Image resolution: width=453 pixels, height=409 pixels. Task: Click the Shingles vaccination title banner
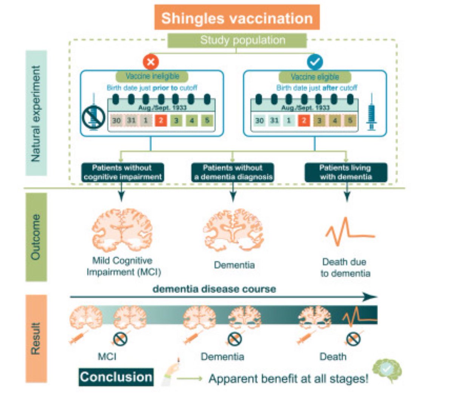pyautogui.click(x=237, y=18)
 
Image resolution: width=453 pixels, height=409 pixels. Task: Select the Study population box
pyautogui.click(x=237, y=40)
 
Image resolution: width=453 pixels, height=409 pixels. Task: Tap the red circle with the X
pyautogui.click(x=151, y=62)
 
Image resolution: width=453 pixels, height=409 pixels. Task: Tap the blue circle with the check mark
pyautogui.click(x=314, y=62)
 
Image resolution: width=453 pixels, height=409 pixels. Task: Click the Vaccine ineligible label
pyautogui.click(x=152, y=76)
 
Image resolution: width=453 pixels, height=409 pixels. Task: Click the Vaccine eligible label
pyautogui.click(x=315, y=77)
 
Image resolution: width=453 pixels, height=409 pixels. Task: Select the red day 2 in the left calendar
pyautogui.click(x=161, y=121)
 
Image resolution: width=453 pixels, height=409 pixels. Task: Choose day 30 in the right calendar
pyautogui.click(x=259, y=121)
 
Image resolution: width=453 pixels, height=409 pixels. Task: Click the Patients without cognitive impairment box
pyautogui.click(x=122, y=172)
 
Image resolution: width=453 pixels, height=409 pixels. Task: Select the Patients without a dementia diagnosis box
pyautogui.click(x=233, y=172)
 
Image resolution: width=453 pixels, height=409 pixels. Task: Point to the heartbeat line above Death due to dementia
pyautogui.click(x=349, y=231)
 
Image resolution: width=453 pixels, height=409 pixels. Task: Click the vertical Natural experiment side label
pyautogui.click(x=36, y=113)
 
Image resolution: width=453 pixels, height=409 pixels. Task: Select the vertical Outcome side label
pyautogui.click(x=36, y=237)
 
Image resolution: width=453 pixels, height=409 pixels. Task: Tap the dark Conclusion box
pyautogui.click(x=116, y=377)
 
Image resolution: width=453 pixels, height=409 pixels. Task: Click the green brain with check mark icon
pyautogui.click(x=387, y=370)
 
